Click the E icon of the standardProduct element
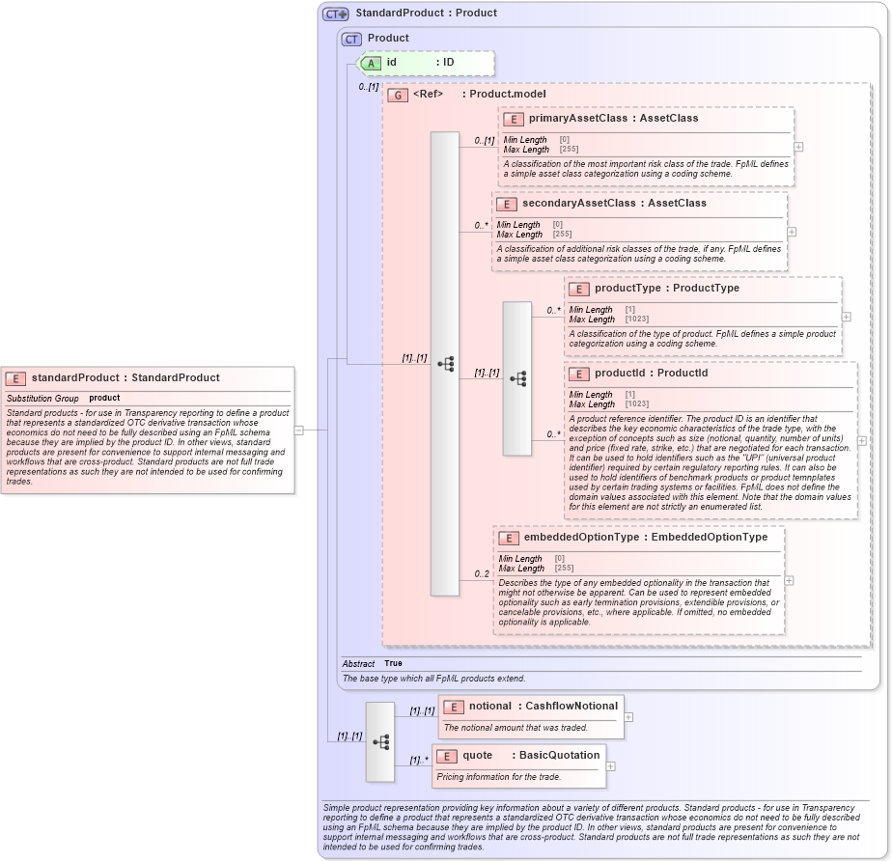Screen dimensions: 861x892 (x=16, y=378)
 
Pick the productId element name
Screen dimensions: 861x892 (x=624, y=374)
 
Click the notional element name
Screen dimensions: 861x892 (x=490, y=707)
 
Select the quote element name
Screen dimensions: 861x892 (x=478, y=755)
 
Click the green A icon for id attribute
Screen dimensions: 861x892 (x=371, y=63)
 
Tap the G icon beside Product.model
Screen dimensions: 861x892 (x=397, y=95)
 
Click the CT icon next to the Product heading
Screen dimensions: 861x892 (x=351, y=39)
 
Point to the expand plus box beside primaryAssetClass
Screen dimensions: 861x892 (x=798, y=147)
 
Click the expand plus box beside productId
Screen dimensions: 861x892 (x=862, y=440)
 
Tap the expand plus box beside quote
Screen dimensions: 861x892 (x=610, y=766)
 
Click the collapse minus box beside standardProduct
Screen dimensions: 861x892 (x=299, y=430)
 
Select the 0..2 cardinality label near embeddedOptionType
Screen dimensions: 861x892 (x=482, y=574)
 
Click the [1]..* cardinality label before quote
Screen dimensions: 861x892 (x=418, y=760)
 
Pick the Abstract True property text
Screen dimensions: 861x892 (x=373, y=664)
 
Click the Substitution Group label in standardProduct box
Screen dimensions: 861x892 (x=43, y=398)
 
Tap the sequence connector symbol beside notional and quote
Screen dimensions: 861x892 (x=380, y=741)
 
